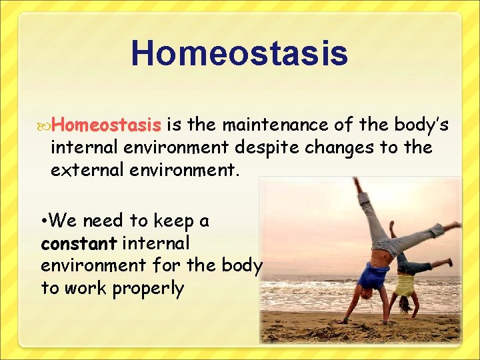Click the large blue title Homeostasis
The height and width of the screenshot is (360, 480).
click(x=239, y=53)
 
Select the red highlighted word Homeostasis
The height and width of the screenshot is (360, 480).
click(x=107, y=125)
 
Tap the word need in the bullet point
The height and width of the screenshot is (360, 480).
click(x=107, y=220)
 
